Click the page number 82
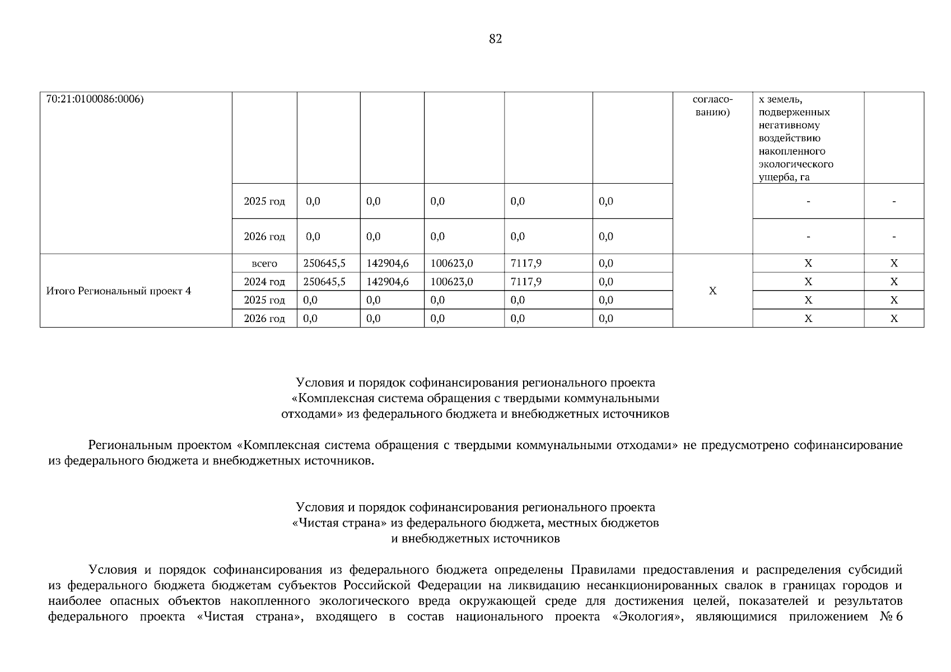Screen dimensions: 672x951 point(495,39)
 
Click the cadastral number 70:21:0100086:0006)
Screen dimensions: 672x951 point(95,99)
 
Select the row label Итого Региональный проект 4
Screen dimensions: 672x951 point(118,291)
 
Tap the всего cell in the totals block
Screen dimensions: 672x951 point(264,264)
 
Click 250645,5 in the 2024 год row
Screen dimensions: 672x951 point(324,282)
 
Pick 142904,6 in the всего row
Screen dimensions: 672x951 point(388,263)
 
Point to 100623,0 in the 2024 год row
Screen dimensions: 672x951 point(451,282)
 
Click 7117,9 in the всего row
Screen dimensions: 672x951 point(526,263)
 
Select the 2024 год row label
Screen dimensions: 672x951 point(264,282)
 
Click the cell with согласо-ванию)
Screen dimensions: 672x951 point(712,106)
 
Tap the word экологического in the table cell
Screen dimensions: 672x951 point(796,165)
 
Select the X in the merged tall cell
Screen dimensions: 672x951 point(712,291)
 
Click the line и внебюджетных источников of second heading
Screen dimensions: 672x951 point(475,539)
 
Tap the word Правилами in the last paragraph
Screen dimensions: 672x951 point(603,570)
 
